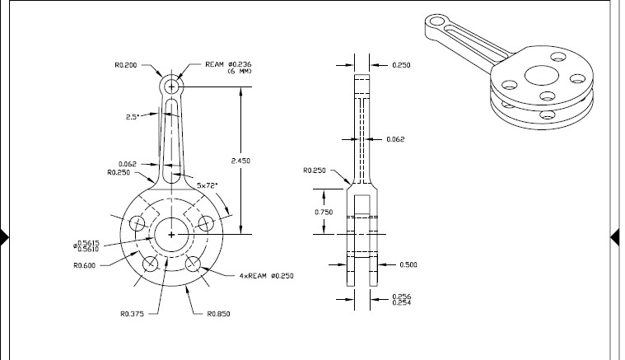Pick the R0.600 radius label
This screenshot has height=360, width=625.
pos(85,265)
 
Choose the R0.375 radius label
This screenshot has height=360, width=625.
pos(133,313)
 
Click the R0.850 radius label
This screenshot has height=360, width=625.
pos(217,313)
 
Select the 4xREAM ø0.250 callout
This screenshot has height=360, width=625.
pos(266,274)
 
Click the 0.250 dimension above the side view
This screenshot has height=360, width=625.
pos(401,63)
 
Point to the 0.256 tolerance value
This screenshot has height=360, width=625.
pos(401,296)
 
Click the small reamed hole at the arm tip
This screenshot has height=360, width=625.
pos(171,85)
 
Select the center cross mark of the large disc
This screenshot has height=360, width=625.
pos(171,235)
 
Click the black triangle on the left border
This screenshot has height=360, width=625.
pos(5,239)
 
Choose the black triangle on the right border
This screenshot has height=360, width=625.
pos(618,239)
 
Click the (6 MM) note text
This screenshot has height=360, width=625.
pos(239,71)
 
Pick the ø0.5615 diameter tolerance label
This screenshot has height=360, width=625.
pos(86,242)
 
